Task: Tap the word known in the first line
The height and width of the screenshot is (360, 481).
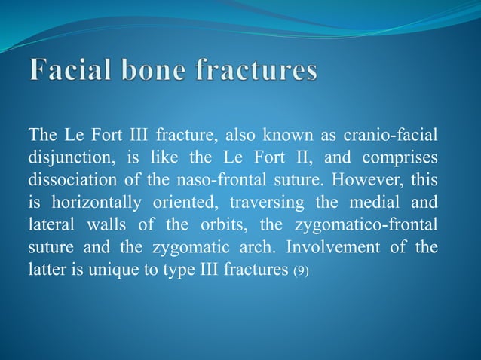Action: [291, 136]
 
